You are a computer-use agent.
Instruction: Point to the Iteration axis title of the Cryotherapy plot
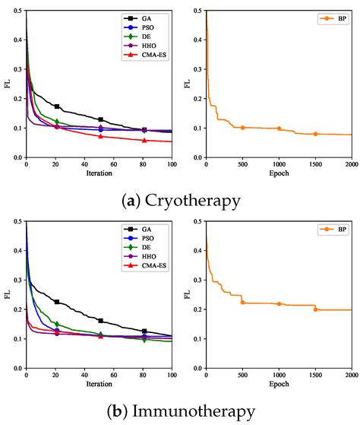99,174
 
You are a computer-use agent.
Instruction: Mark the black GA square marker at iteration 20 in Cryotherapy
57,106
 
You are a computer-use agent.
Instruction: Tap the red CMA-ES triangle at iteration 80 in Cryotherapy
144,140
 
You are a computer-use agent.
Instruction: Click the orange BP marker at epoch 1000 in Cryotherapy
279,128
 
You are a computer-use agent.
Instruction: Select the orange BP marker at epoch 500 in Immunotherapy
242,303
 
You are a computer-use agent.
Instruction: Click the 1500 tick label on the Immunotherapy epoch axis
315,376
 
